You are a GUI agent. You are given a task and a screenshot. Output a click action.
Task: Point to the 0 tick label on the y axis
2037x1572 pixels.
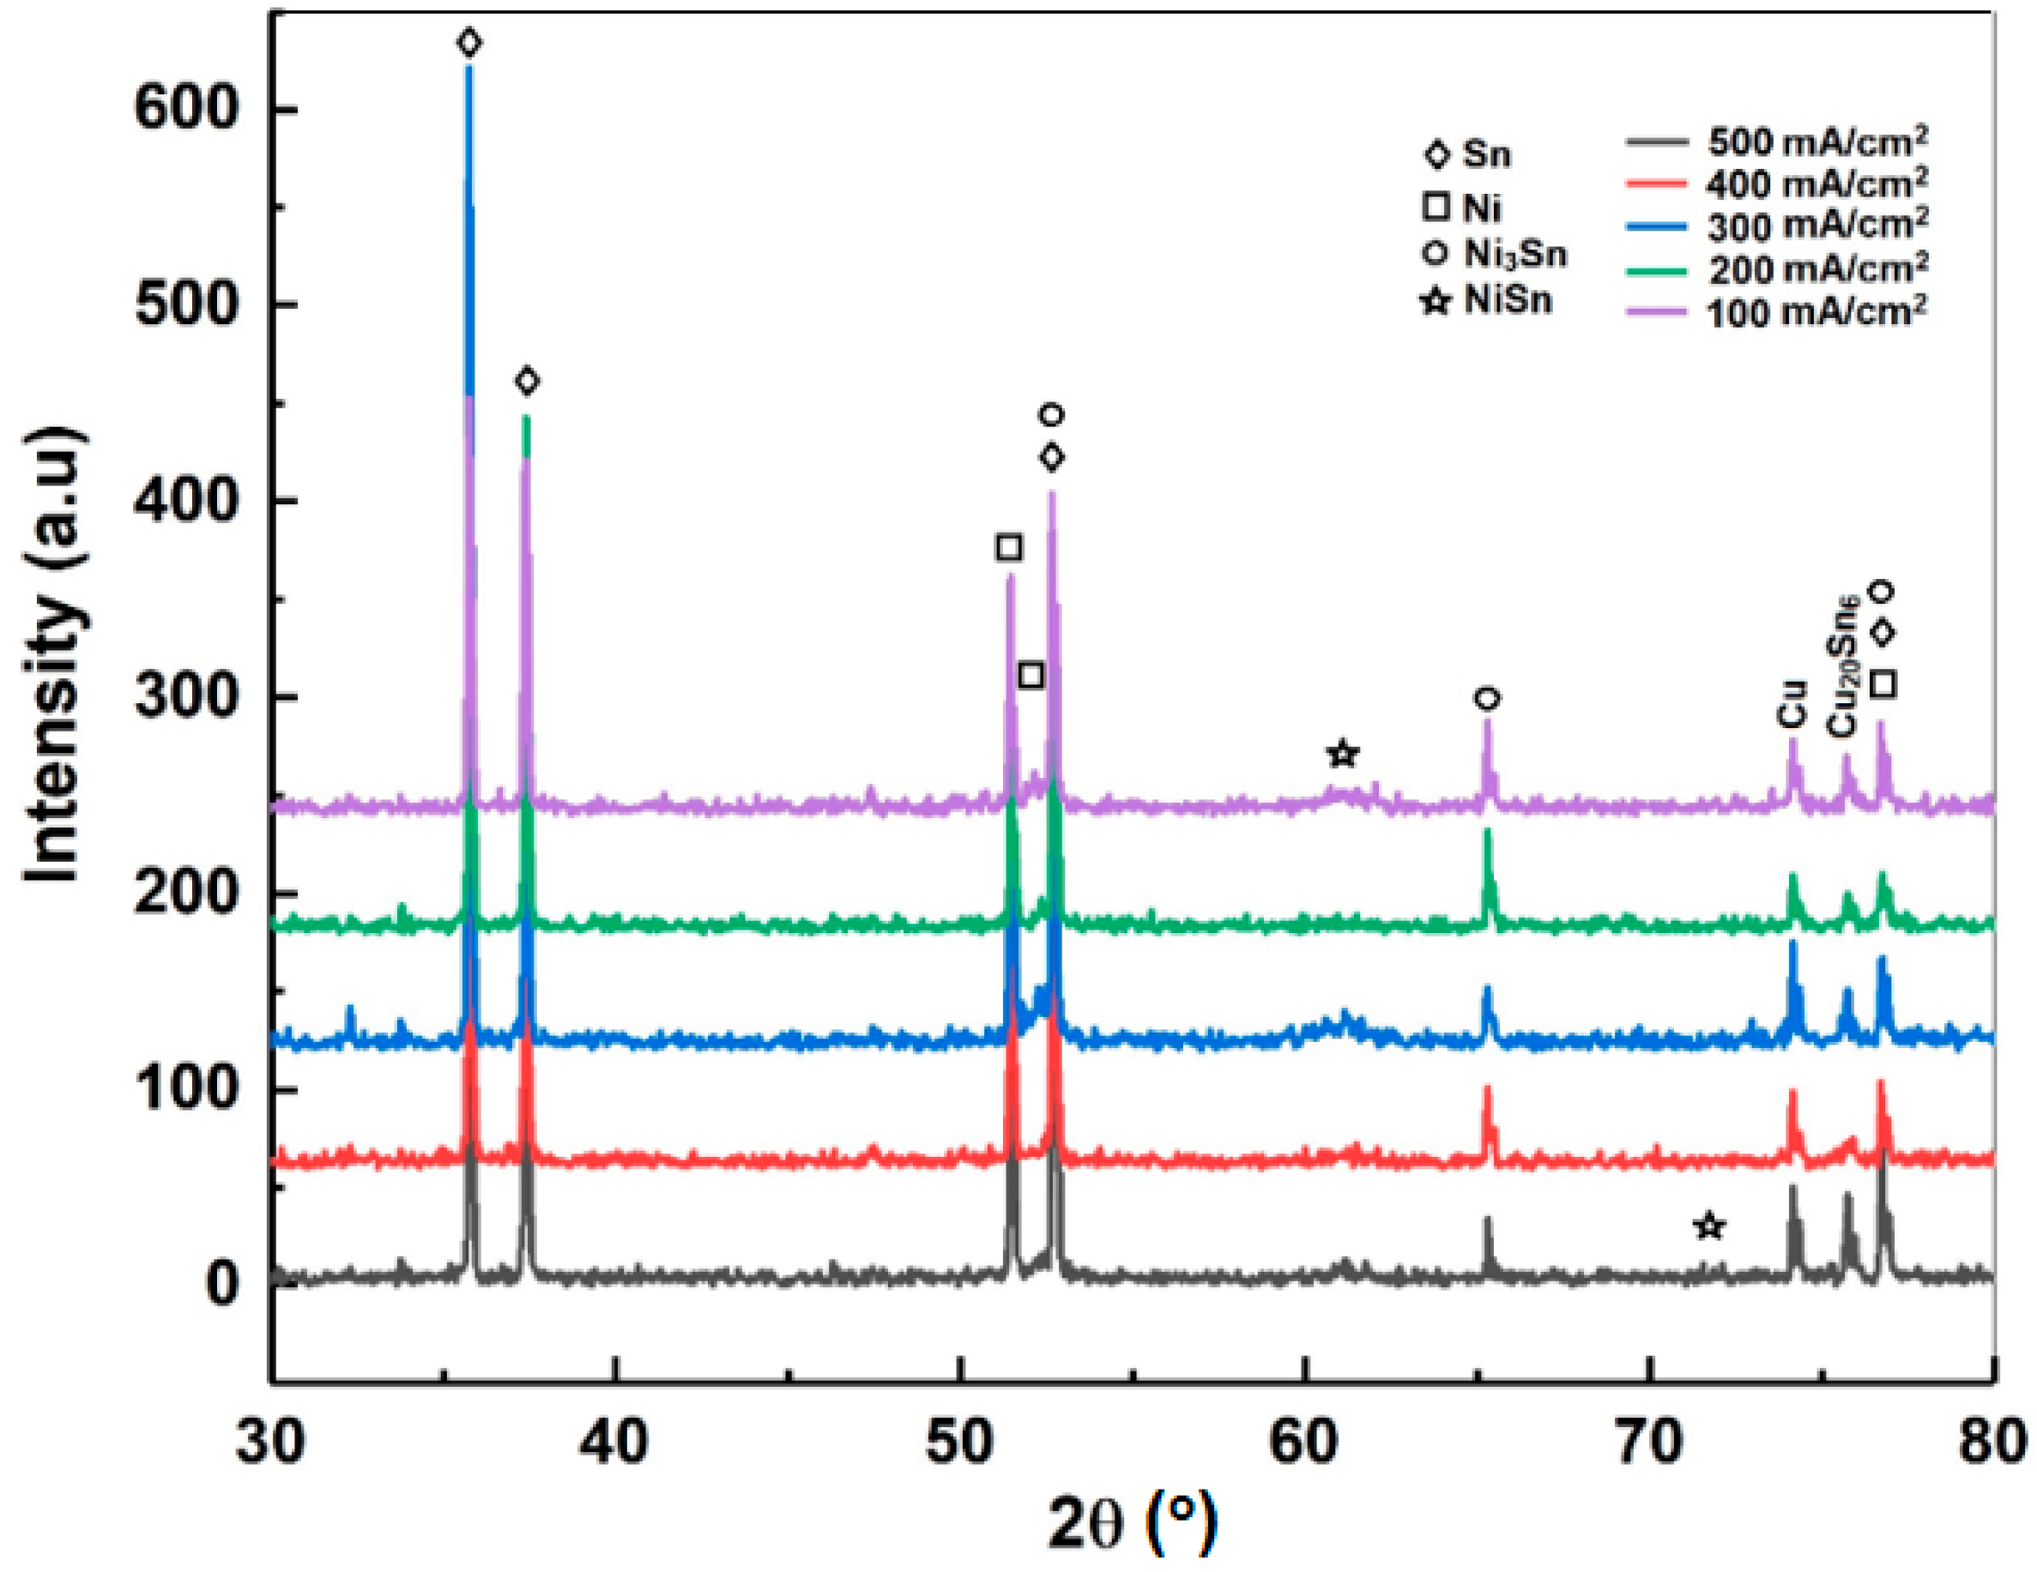pyautogui.click(x=223, y=1284)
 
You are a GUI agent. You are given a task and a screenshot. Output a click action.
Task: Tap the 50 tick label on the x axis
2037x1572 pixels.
pyautogui.click(x=960, y=1442)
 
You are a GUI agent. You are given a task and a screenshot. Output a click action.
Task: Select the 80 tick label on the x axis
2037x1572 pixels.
pyautogui.click(x=1992, y=1442)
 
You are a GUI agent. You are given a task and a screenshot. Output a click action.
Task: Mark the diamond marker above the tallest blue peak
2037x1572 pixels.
pyautogui.click(x=469, y=42)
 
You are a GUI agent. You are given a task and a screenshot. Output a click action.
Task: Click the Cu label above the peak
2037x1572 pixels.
pyautogui.click(x=1791, y=705)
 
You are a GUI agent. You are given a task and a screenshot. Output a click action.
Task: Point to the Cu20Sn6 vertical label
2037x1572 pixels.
pyautogui.click(x=1841, y=666)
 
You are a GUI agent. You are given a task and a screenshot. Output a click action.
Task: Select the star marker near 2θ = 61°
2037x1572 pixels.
pyautogui.click(x=1343, y=753)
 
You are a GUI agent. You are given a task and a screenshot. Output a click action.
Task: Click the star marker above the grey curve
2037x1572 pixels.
pyautogui.click(x=1708, y=1226)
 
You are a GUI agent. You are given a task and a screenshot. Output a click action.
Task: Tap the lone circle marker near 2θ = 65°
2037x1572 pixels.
pyautogui.click(x=1488, y=698)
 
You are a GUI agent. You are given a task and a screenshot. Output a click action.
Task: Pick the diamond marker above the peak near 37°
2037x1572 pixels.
pyautogui.click(x=527, y=381)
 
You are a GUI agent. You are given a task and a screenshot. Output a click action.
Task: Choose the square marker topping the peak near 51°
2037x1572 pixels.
pyautogui.click(x=1008, y=547)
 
